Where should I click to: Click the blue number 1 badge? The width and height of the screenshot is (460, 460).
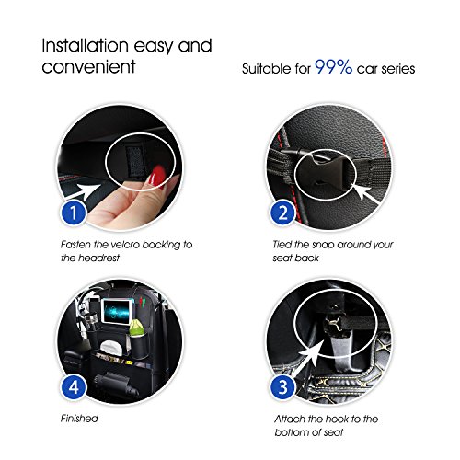tap(74, 213)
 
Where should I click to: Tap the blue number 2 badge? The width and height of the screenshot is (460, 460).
tap(283, 213)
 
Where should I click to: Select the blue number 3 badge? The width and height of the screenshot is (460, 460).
tap(283, 387)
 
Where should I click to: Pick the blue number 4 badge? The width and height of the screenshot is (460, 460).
tap(74, 387)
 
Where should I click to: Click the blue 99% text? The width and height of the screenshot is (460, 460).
tap(334, 66)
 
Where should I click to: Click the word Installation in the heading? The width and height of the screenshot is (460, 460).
tap(86, 45)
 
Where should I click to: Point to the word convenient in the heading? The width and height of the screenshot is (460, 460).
tap(88, 66)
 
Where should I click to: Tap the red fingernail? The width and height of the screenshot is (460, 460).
tap(158, 175)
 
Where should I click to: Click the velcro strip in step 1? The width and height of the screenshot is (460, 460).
tap(136, 160)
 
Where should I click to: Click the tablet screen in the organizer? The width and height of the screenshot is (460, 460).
tap(116, 311)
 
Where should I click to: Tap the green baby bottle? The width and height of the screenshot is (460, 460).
tap(136, 328)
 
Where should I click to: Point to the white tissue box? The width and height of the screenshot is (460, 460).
tap(109, 347)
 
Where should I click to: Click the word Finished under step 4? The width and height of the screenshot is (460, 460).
tap(79, 419)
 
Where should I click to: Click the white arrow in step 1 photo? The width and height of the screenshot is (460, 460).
tap(83, 190)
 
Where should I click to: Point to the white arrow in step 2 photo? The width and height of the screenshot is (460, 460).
tap(365, 192)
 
